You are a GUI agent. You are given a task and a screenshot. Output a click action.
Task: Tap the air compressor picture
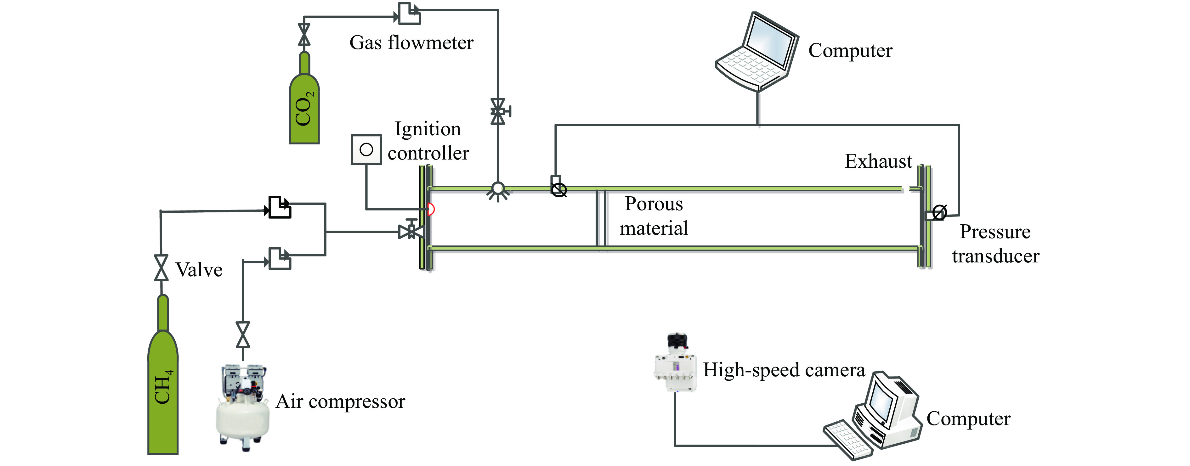click(242, 407)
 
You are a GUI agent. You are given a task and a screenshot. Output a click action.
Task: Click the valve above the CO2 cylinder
click(304, 35)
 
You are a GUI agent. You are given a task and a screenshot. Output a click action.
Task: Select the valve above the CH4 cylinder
click(161, 268)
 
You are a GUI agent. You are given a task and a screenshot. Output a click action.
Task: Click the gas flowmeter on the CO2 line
click(409, 14)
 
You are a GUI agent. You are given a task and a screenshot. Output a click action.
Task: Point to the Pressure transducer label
click(995, 244)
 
